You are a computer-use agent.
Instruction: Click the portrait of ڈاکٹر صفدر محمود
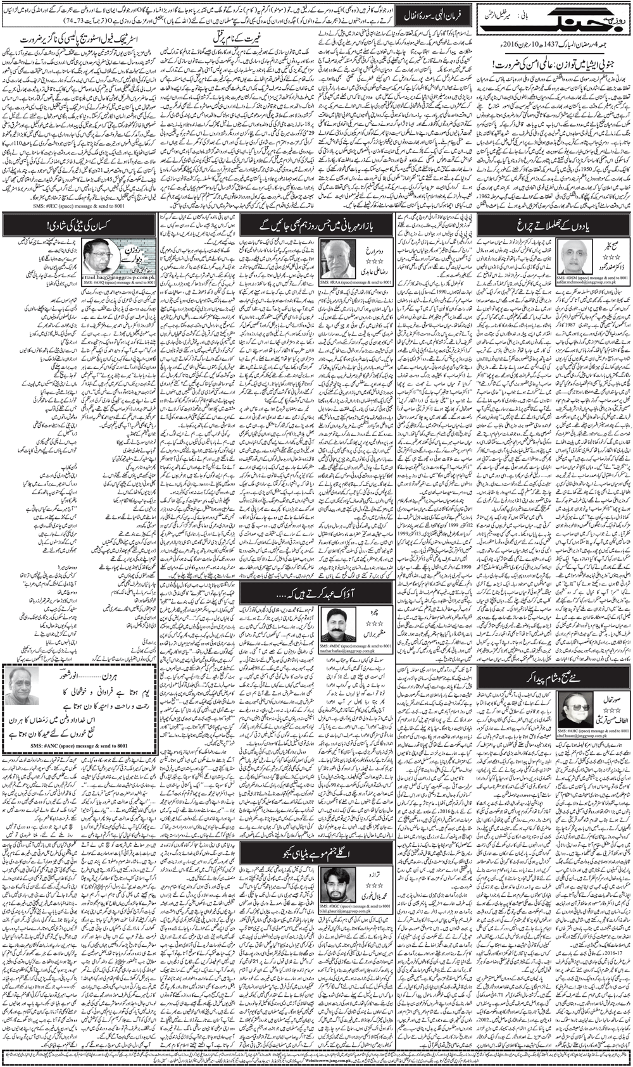pos(574,256)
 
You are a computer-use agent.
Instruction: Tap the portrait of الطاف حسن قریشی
pos(574,709)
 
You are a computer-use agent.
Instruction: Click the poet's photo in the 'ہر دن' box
pos(23,687)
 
